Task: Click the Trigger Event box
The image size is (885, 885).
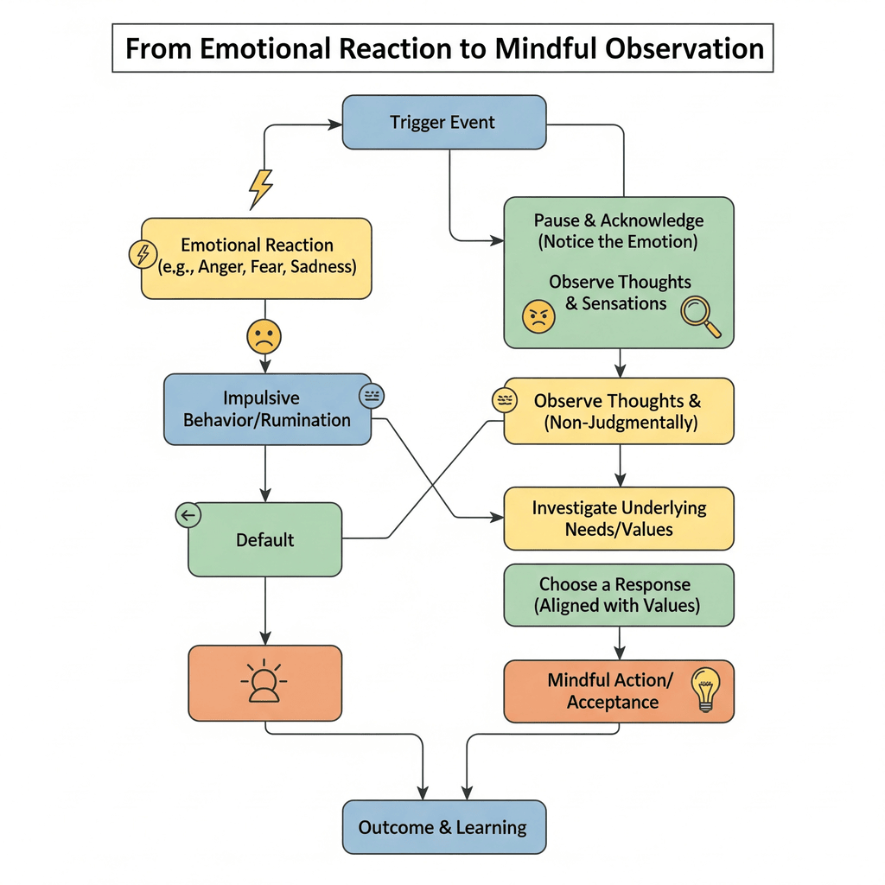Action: pos(444,122)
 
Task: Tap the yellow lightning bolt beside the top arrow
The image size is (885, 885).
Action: pos(260,188)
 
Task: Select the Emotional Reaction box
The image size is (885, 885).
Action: pos(257,258)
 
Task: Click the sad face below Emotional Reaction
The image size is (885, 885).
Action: pos(264,335)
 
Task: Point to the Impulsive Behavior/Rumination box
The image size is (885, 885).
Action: pos(267,409)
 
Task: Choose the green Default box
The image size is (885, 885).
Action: pos(264,540)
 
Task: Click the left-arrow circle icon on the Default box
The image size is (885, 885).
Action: pos(188,516)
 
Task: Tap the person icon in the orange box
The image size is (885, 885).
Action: pos(264,682)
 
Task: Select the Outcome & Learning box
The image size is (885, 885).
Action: pos(444,827)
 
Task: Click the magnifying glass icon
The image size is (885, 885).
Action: pos(699,317)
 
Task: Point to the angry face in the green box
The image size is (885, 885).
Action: pos(538,317)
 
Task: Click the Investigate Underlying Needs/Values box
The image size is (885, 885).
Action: pos(619,519)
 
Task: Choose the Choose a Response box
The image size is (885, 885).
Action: pos(619,595)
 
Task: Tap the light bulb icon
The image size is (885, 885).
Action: pos(705,689)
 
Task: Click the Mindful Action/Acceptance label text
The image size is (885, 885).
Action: pos(613,691)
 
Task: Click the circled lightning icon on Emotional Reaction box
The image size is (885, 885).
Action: pos(142,253)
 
